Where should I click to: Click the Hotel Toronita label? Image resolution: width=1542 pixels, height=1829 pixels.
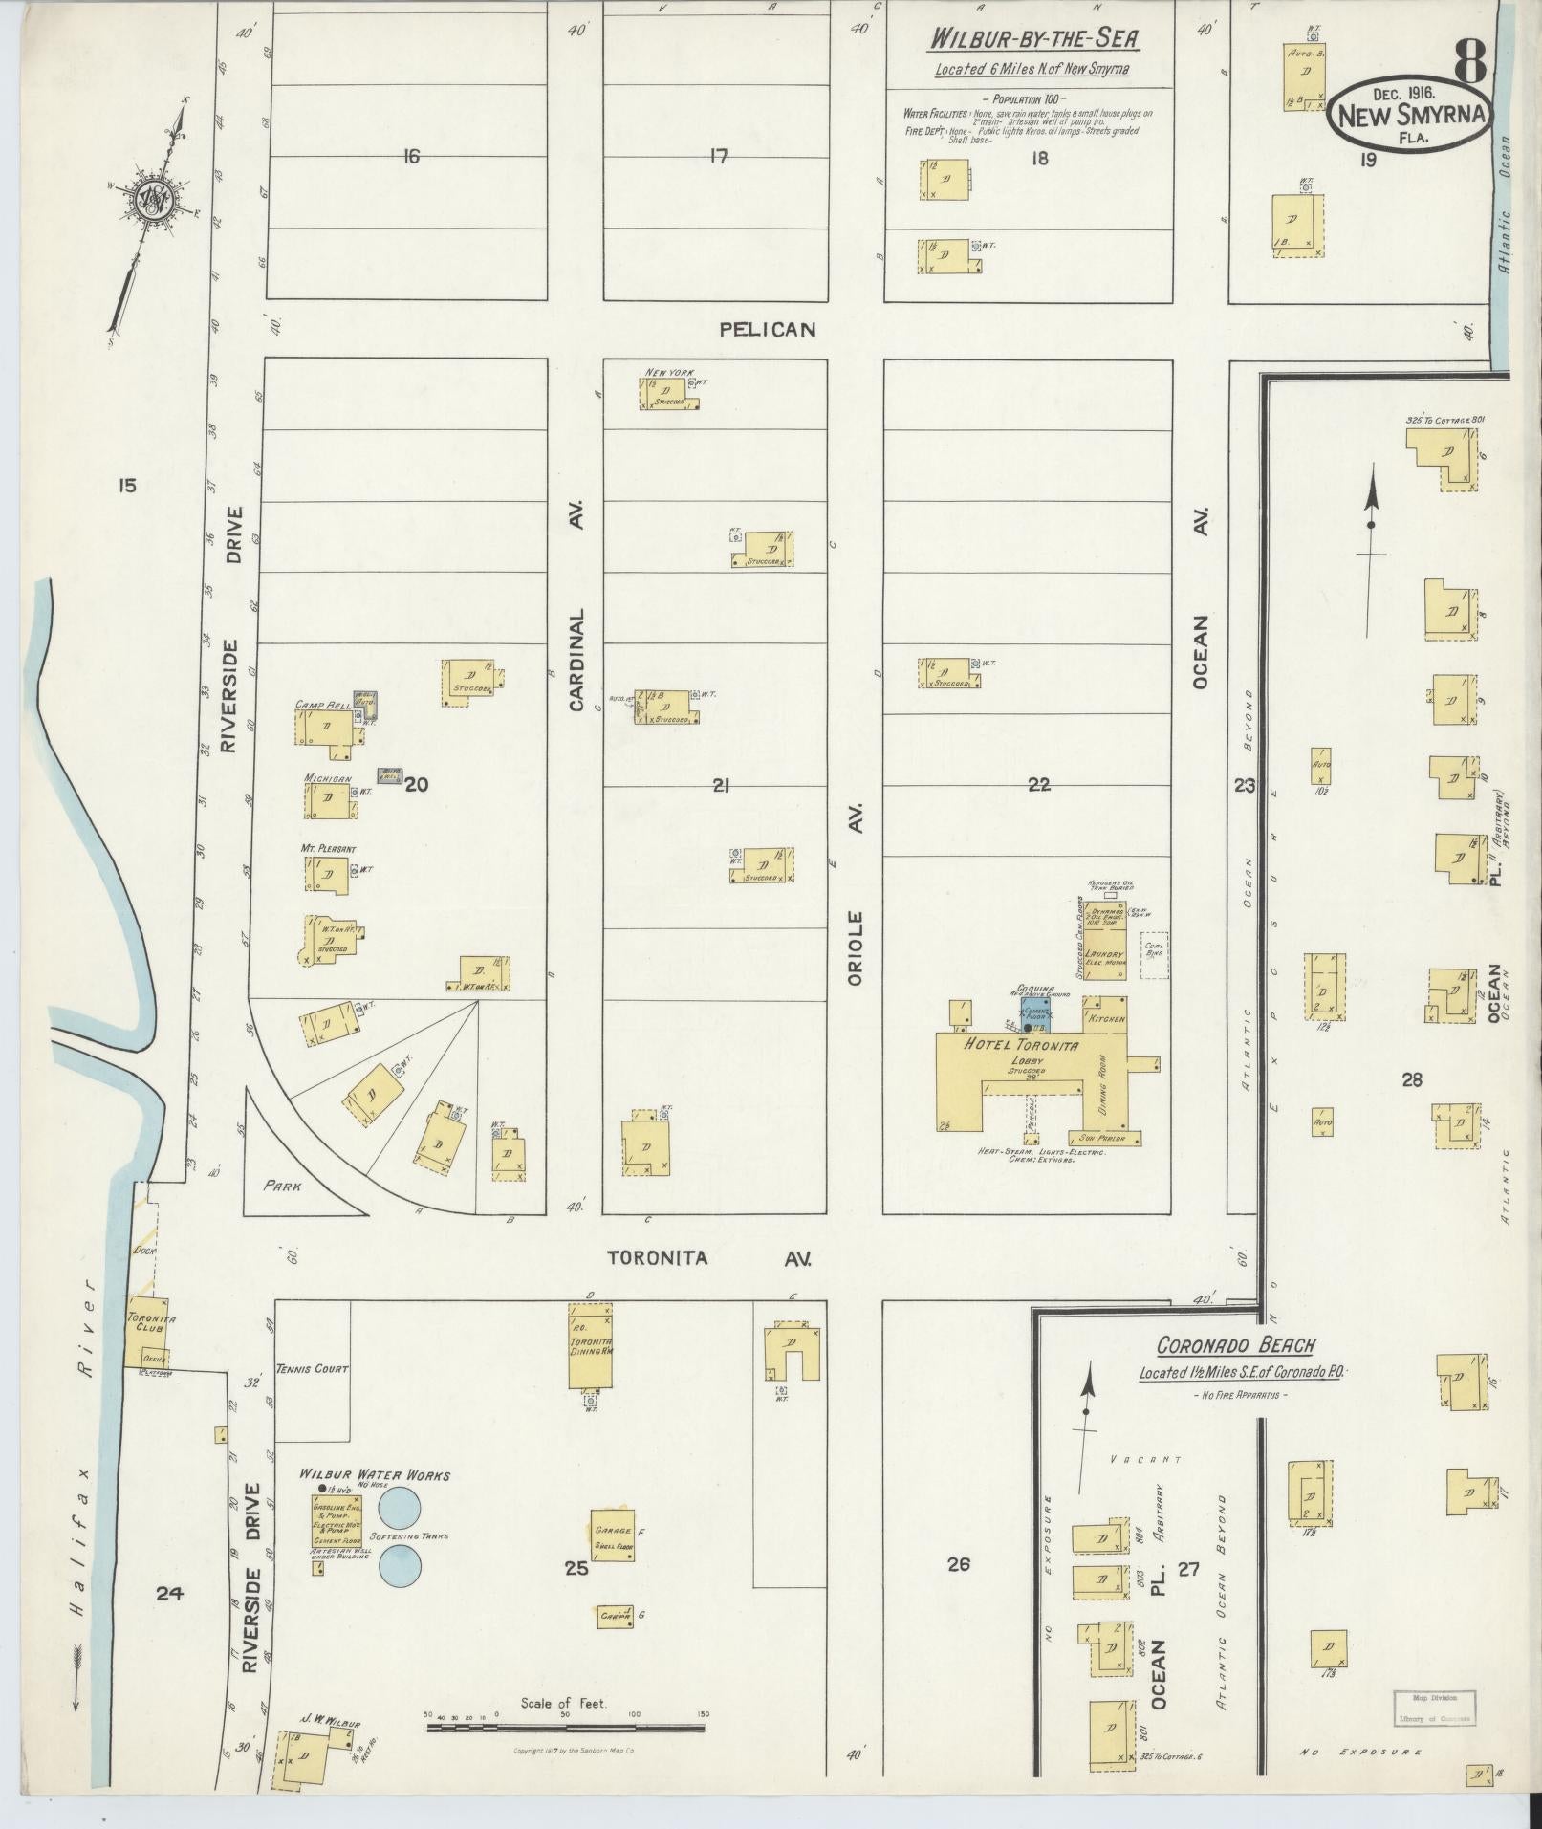pos(1021,1045)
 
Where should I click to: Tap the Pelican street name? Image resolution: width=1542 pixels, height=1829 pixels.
pos(768,329)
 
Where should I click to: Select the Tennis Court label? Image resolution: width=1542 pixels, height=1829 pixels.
pos(312,1369)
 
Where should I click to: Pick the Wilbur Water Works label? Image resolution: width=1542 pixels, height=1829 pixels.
pos(374,1474)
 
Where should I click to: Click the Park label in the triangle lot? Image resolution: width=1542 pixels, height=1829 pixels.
pos(283,1186)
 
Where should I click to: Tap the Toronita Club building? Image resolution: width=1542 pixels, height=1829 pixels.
pos(148,1332)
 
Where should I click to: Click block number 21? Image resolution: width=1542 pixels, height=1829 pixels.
pos(721,785)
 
